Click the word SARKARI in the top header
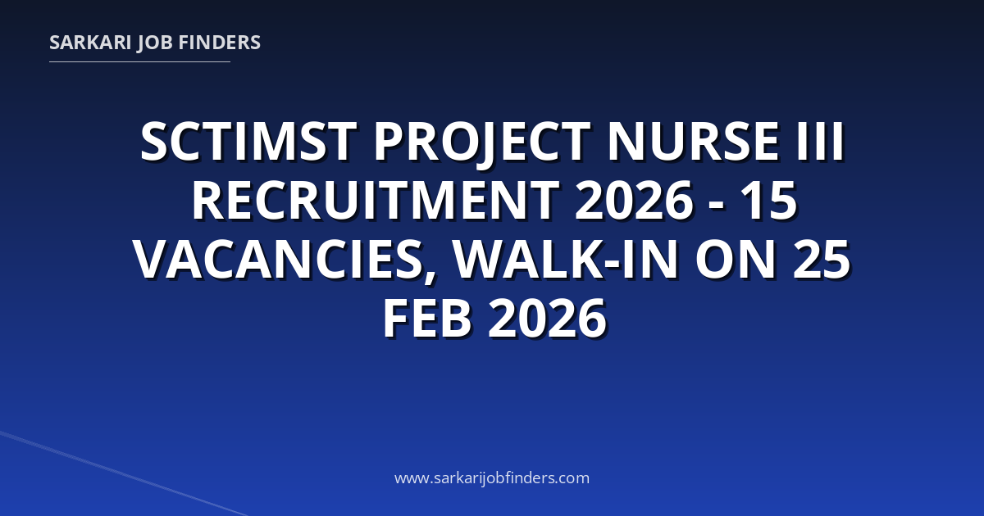click(90, 43)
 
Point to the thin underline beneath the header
click(139, 62)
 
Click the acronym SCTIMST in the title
click(248, 141)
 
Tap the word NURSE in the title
click(694, 141)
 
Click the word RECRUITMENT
click(376, 201)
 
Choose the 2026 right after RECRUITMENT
click(635, 201)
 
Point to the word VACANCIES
click(278, 260)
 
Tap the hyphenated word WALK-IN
click(566, 260)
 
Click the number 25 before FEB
click(822, 260)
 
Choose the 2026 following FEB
click(548, 319)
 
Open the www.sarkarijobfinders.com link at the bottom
click(492, 478)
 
